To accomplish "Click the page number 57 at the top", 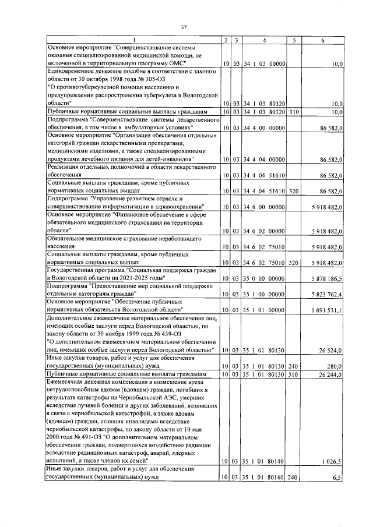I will click(x=184, y=27).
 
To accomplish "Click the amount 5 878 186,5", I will click(x=322, y=280).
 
